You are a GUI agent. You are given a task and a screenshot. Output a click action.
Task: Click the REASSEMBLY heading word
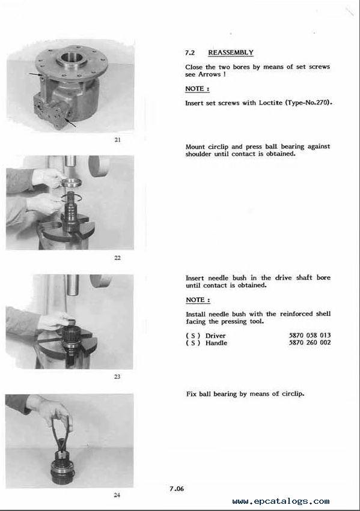click(x=231, y=52)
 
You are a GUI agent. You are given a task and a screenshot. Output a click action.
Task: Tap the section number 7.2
click(x=190, y=52)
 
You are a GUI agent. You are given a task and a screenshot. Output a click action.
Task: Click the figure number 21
click(x=117, y=140)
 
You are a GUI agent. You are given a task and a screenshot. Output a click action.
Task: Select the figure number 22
click(x=117, y=258)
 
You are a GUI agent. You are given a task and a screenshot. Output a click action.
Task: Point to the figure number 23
click(x=117, y=376)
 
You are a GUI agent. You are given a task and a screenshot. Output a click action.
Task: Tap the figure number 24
click(x=117, y=495)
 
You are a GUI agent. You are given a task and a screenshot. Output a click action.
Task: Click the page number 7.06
click(x=177, y=489)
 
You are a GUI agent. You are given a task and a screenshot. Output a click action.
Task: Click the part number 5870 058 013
click(x=310, y=335)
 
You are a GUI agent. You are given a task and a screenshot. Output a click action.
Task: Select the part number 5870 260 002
click(x=310, y=342)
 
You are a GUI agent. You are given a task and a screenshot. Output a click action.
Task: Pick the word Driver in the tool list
click(x=215, y=335)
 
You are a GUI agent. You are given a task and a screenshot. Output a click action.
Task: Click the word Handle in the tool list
click(x=216, y=343)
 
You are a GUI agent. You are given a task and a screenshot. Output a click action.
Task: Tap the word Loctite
click(x=270, y=103)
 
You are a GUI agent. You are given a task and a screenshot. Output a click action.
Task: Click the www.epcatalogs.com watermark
click(x=281, y=501)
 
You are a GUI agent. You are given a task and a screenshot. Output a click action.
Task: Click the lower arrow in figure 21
click(x=71, y=123)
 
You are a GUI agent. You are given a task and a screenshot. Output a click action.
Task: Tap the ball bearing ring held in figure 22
click(x=72, y=182)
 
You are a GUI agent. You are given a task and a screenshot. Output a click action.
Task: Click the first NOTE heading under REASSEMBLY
click(x=197, y=89)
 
